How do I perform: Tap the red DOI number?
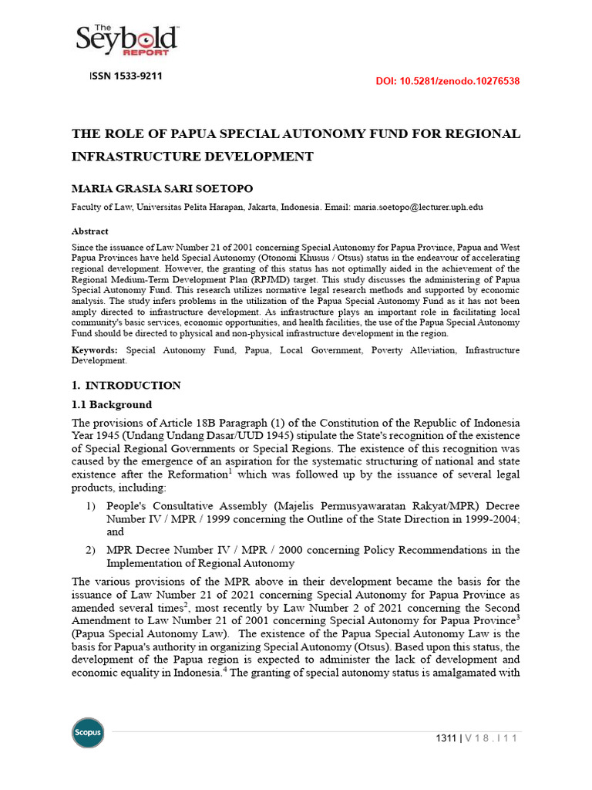coord(447,80)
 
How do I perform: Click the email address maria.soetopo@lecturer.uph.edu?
coord(418,208)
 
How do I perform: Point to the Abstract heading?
coord(90,231)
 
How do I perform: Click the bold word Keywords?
coord(96,350)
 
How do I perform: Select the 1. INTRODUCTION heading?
coord(126,385)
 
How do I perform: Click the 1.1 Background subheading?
coord(112,404)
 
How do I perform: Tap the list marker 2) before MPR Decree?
coord(91,550)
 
